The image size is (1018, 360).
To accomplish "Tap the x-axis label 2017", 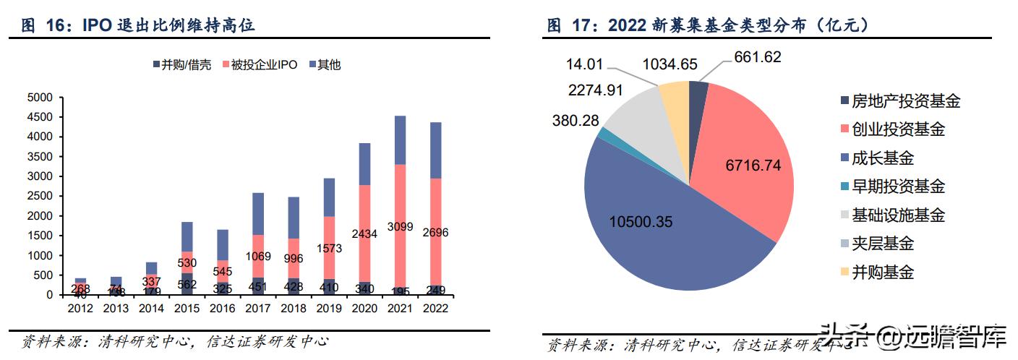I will (x=257, y=309).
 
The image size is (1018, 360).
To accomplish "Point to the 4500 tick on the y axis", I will (x=40, y=117).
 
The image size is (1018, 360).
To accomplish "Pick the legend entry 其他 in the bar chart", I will (x=325, y=65).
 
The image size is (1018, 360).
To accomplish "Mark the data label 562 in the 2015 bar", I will (x=187, y=284).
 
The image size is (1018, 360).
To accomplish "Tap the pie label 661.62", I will (x=758, y=57).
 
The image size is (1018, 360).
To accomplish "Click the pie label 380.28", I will (x=576, y=121).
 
